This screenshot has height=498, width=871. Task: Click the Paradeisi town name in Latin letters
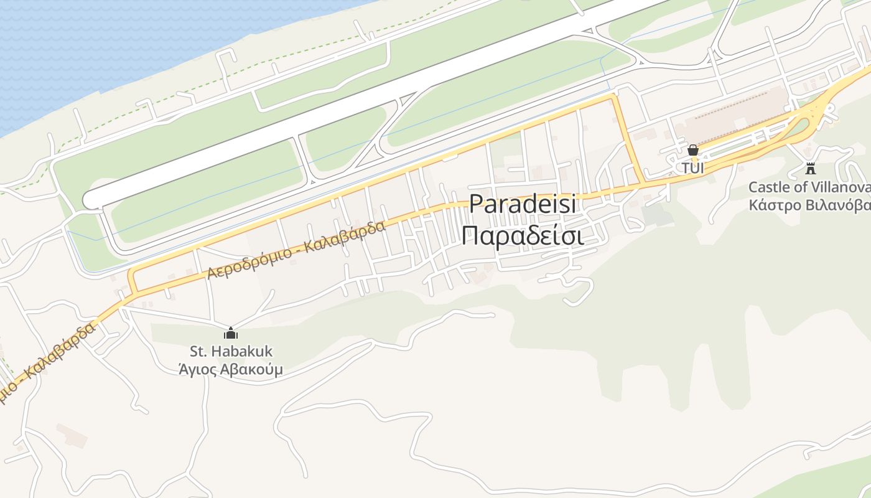coord(523,205)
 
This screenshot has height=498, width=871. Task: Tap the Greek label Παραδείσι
coord(523,236)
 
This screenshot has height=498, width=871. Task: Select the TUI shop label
coord(692,168)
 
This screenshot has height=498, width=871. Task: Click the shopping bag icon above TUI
coord(692,150)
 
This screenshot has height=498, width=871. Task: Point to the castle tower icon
coord(810,168)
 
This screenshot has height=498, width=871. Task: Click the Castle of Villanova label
coord(809,187)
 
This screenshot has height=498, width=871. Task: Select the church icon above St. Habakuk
coord(231,333)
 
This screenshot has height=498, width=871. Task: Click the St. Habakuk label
coord(231,352)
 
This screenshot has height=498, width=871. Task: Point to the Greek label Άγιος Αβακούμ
coord(231,369)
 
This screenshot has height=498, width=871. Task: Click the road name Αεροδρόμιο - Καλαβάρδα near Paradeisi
coord(297,250)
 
